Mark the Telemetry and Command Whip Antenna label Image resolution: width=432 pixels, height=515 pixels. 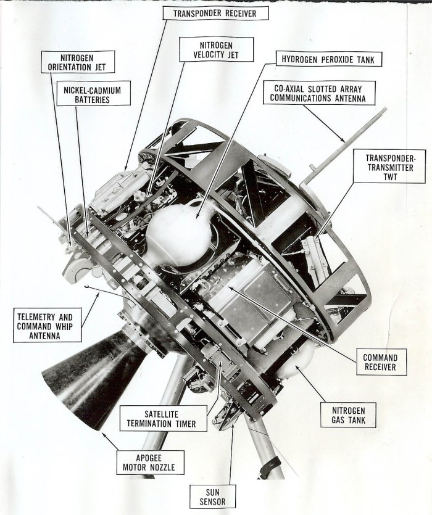(47, 324)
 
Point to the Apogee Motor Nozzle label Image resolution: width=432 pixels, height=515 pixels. (151, 463)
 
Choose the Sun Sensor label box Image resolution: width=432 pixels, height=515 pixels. (212, 496)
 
